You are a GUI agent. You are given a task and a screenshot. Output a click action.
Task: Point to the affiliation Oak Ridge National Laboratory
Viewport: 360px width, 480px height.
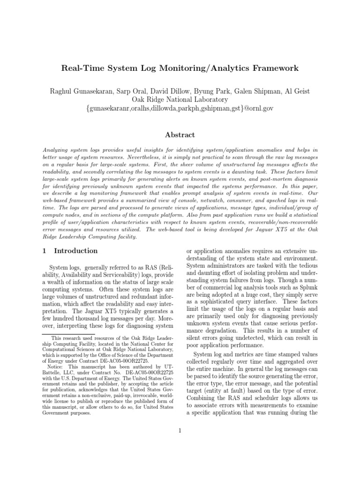click(180, 99)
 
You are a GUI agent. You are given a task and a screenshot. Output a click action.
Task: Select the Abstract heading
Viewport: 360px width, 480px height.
click(180, 135)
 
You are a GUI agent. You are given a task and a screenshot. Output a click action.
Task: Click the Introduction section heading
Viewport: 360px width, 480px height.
click(76, 251)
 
